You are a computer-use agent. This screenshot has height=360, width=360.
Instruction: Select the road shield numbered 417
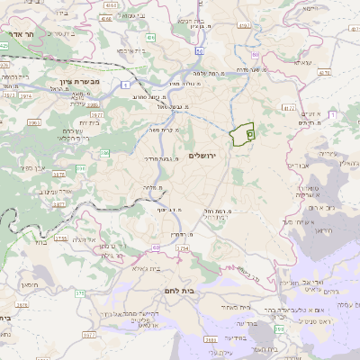(288, 107)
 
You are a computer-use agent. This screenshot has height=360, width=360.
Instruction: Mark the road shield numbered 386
(80, 167)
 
